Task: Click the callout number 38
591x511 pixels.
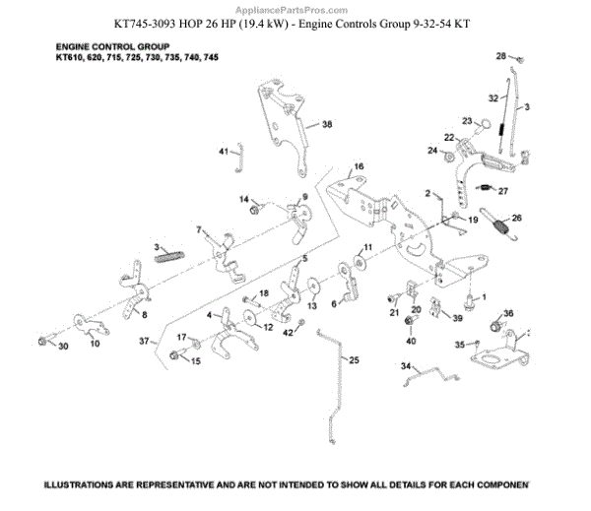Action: pos(327,125)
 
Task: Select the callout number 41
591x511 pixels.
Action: pos(224,151)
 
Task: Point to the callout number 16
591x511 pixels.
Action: pos(359,166)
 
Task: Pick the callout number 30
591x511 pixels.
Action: pos(63,347)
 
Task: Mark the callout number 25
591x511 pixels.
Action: pos(354,360)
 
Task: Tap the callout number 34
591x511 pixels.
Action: pos(404,365)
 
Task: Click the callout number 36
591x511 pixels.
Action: pos(508,314)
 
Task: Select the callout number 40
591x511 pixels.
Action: pos(411,341)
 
